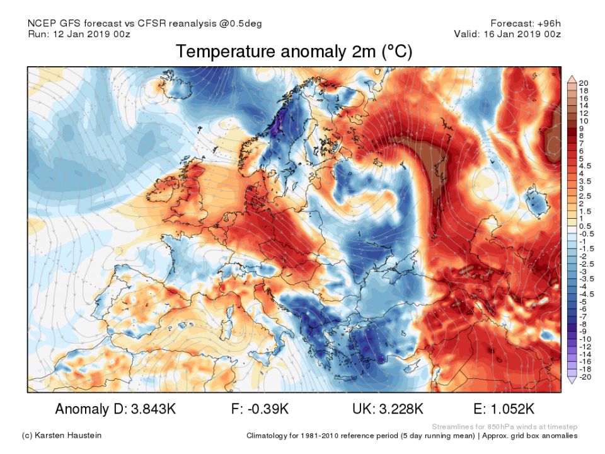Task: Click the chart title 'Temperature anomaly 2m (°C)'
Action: tap(294, 52)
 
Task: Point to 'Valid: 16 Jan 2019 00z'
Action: tap(507, 34)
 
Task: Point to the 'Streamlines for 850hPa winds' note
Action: tap(504, 426)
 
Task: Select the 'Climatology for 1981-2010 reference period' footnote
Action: tap(353, 436)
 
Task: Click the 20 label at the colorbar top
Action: tap(584, 83)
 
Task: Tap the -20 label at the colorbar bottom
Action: tap(585, 376)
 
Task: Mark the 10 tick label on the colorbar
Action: tap(584, 120)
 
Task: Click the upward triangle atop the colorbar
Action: tap(572, 79)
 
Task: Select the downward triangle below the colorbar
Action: tap(572, 380)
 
